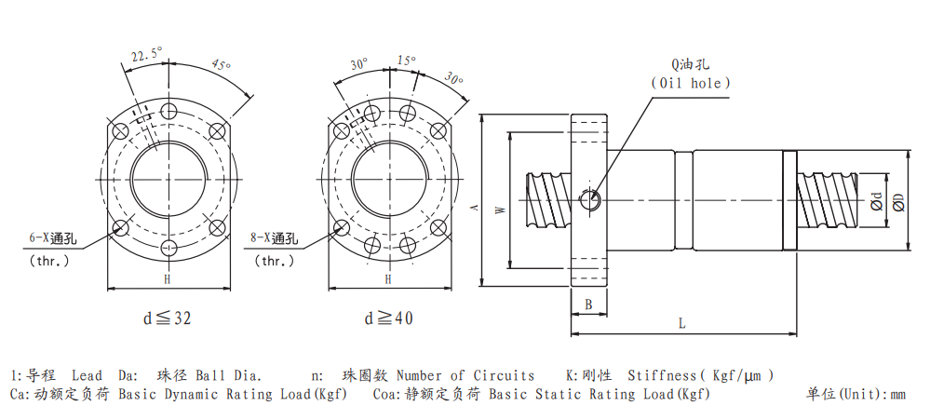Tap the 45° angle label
[221, 65]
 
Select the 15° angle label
[406, 61]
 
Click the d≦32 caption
[168, 318]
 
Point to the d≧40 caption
[388, 318]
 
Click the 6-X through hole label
[53, 238]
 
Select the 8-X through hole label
[275, 238]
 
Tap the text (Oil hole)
[691, 83]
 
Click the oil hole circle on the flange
[590, 199]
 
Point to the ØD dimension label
[898, 202]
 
